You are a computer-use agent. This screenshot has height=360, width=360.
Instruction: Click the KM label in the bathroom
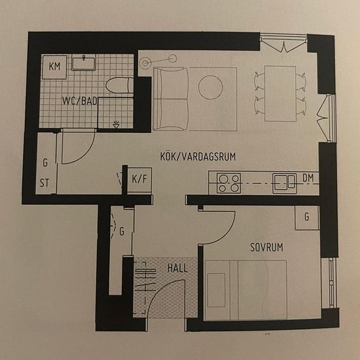pyautogui.click(x=54, y=66)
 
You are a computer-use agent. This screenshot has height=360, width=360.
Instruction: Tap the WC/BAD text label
pyautogui.click(x=80, y=101)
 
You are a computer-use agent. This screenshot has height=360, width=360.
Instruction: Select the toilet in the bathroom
pyautogui.click(x=119, y=85)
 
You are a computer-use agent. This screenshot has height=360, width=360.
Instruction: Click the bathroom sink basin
pyautogui.click(x=83, y=63)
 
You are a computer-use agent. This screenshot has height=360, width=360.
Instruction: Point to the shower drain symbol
pyautogui.click(x=117, y=124)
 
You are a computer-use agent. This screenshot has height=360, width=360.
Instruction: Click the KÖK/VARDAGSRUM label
pyautogui.click(x=198, y=156)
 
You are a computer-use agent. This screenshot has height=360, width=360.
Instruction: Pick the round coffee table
pyautogui.click(x=210, y=87)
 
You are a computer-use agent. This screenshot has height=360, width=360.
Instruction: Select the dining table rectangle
pyautogui.click(x=280, y=94)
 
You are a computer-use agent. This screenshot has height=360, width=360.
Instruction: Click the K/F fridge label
pyautogui.click(x=139, y=179)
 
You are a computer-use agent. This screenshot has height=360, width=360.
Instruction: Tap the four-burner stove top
pyautogui.click(x=228, y=183)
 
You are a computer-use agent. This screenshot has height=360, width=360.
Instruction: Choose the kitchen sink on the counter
pyautogui.click(x=285, y=183)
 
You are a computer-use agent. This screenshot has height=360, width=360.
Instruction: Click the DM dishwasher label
pyautogui.click(x=308, y=178)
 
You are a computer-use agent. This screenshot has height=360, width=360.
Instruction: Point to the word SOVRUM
pyautogui.click(x=266, y=247)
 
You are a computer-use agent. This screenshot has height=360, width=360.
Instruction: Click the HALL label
pyautogui.click(x=177, y=268)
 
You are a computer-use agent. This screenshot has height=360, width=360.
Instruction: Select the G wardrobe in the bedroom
pyautogui.click(x=307, y=217)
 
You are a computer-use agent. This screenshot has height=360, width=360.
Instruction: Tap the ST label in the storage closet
pyautogui.click(x=45, y=183)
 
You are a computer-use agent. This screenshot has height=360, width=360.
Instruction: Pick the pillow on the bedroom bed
pyautogui.click(x=216, y=290)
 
